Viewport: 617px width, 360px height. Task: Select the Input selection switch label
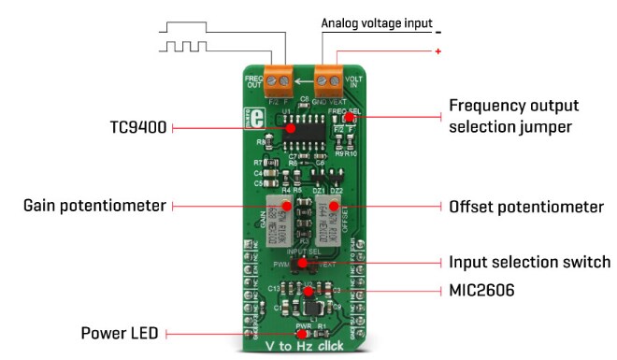(x=529, y=263)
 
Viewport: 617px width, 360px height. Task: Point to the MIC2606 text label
(x=482, y=292)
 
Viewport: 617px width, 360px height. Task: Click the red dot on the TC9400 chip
(x=290, y=128)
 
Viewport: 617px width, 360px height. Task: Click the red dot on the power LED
(x=301, y=332)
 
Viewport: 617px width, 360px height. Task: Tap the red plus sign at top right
(x=438, y=51)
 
